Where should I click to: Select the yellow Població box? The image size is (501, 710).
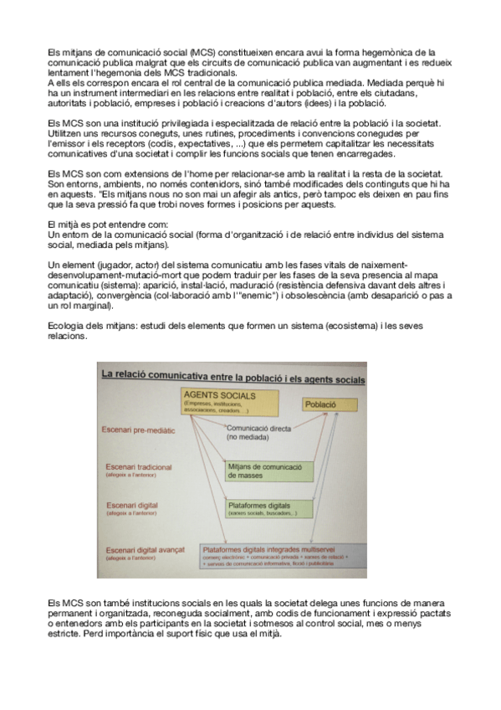[x=320, y=404]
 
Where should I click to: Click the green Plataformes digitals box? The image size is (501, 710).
[x=265, y=509]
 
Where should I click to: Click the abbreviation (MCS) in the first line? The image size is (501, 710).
[x=202, y=52]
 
